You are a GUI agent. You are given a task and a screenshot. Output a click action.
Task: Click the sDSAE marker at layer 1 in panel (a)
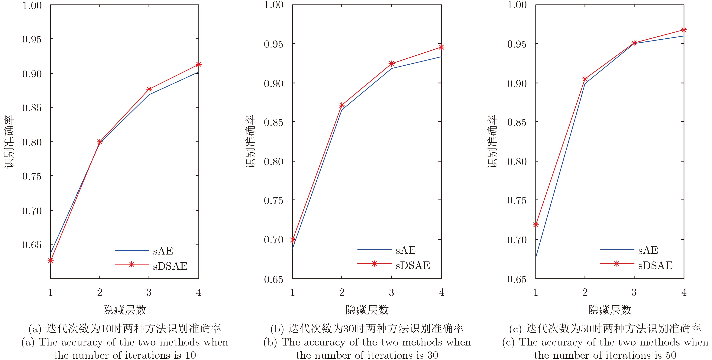pos(51,261)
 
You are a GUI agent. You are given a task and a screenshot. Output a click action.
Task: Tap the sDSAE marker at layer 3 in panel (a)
pos(149,89)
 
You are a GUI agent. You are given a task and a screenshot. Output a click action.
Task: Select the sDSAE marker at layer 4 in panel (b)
pos(441,47)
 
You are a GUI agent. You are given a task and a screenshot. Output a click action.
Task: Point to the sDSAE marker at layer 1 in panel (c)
pos(536,225)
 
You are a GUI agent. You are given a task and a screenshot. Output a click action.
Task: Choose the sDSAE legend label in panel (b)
pos(413,265)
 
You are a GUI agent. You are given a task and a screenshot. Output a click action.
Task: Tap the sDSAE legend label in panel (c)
pos(655,265)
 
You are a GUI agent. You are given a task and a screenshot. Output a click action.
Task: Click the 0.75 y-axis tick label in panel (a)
pos(32,176)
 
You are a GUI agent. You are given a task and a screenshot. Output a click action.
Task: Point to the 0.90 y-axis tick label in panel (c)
pos(517,83)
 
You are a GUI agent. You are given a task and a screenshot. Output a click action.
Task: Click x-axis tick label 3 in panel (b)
pos(391,292)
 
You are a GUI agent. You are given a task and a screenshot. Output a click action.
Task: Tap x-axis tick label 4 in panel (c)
pos(684,292)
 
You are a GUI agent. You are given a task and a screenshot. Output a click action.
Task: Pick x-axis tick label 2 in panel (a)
pos(100,292)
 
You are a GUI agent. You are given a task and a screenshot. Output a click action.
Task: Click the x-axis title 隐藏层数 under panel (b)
pos(367,310)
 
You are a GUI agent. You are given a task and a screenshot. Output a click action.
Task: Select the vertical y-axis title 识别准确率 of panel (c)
pos(492,141)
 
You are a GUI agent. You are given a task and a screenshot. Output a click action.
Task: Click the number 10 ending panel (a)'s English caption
pos(190,355)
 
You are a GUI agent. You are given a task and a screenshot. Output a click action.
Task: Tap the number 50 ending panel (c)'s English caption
pos(671,355)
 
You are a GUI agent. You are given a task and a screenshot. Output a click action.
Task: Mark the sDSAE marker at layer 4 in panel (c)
pos(684,30)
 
